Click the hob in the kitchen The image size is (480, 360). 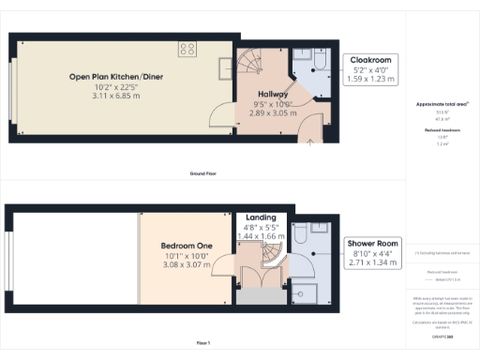pyautogui.click(x=187, y=50)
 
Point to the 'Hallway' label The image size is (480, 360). pyautogui.click(x=273, y=95)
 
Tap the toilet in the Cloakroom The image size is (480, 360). pyautogui.click(x=319, y=62)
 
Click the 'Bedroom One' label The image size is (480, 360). pyautogui.click(x=183, y=246)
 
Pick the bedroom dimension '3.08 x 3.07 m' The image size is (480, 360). pyautogui.click(x=183, y=263)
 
